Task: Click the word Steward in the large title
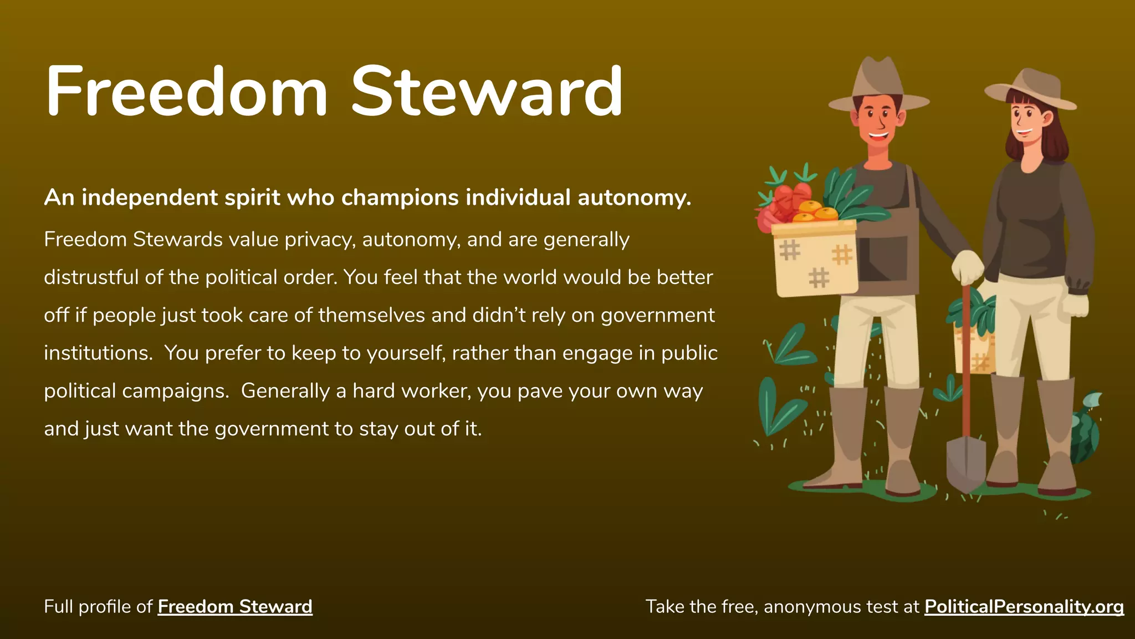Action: point(487,92)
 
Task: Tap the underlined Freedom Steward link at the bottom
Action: point(235,607)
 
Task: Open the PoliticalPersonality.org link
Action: point(1024,607)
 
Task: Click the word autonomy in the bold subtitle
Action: point(634,198)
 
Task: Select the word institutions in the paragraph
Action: point(98,353)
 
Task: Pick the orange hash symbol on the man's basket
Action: point(842,255)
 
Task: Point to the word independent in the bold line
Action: point(150,198)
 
